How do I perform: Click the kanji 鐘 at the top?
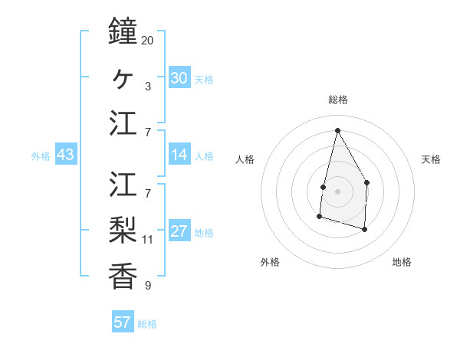click(123, 31)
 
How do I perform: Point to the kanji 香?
click(123, 275)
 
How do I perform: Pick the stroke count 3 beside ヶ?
click(147, 86)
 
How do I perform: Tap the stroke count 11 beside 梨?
click(147, 239)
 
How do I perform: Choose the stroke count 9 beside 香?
click(147, 286)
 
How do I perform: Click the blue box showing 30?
click(179, 78)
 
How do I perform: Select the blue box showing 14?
click(179, 155)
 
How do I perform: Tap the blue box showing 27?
click(179, 232)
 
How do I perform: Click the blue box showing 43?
click(65, 155)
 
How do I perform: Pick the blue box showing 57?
click(122, 322)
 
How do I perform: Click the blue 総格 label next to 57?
click(147, 324)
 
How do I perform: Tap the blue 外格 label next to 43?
click(41, 156)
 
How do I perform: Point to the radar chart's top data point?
click(337, 130)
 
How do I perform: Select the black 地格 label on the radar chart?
click(402, 262)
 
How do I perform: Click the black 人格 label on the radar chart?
click(245, 159)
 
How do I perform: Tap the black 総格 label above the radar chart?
click(337, 100)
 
